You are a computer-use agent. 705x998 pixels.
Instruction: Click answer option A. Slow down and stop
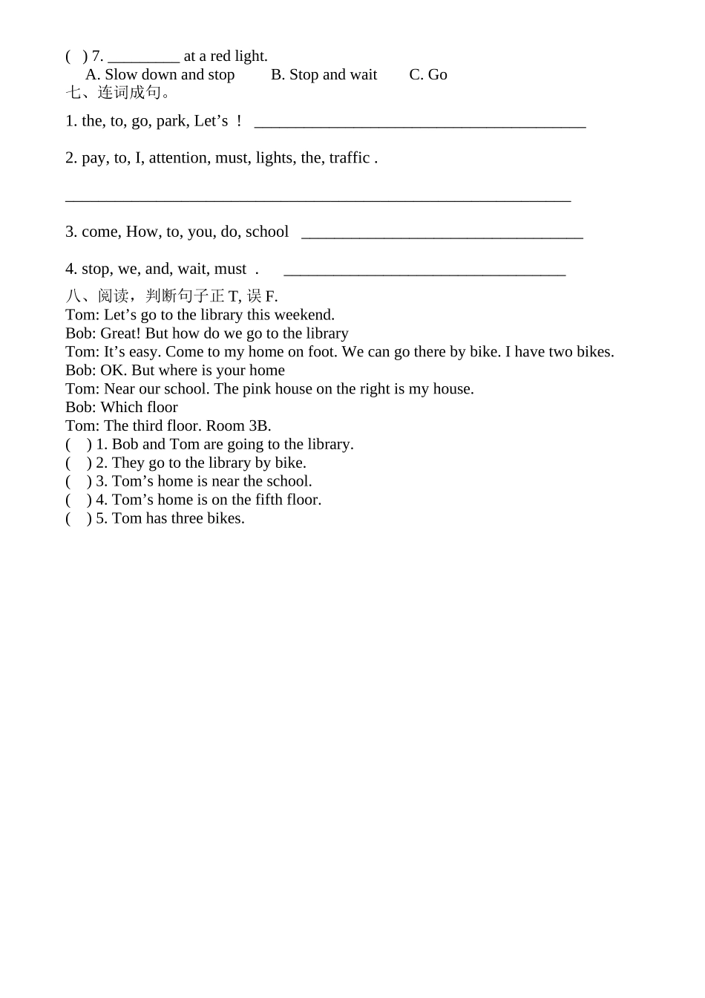click(x=160, y=75)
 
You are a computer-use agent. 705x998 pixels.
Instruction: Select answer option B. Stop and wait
click(x=324, y=75)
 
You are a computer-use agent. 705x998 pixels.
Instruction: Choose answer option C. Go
click(x=428, y=75)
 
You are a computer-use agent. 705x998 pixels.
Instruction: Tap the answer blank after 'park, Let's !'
click(x=420, y=123)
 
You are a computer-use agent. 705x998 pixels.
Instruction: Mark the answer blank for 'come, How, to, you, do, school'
click(x=442, y=234)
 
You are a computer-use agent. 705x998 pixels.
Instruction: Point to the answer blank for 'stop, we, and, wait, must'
click(x=424, y=271)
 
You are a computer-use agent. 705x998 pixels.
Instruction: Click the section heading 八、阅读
click(x=171, y=296)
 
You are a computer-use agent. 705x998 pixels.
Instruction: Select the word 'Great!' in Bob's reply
click(x=120, y=333)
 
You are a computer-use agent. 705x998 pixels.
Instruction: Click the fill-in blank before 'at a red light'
click(x=143, y=56)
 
